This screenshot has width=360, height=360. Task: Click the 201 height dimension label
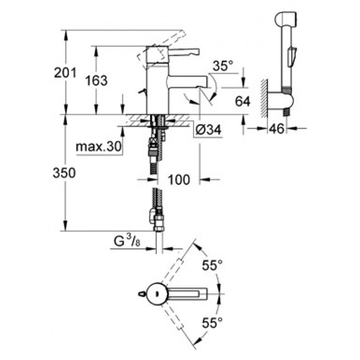click(x=65, y=72)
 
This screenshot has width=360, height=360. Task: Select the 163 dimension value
click(x=97, y=81)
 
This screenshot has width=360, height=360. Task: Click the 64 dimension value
click(x=243, y=101)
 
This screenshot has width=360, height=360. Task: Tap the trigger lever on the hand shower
click(x=292, y=56)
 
